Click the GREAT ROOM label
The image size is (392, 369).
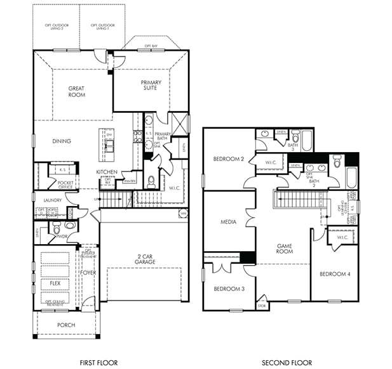(x=76, y=92)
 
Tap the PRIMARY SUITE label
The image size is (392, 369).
(x=151, y=86)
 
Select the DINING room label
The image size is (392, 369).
(x=62, y=141)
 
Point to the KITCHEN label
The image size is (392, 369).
(x=106, y=172)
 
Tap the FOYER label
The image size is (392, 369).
(x=88, y=273)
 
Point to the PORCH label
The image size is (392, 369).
(x=66, y=325)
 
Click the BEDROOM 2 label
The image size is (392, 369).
(x=229, y=159)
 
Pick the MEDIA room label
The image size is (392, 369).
(x=228, y=223)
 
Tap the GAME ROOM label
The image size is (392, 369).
(x=283, y=248)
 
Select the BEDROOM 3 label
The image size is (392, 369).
(x=229, y=289)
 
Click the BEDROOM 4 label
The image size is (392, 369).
(x=335, y=274)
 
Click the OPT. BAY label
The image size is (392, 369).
(x=151, y=46)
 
